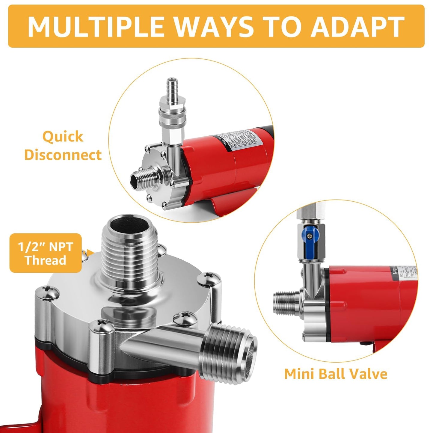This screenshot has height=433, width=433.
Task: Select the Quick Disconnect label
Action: pyautogui.click(x=63, y=146)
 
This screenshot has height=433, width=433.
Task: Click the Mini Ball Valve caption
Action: pyautogui.click(x=336, y=374)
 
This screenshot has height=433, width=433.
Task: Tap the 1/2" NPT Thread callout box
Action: pyautogui.click(x=46, y=253)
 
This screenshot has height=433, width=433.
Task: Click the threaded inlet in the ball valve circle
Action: pyautogui.click(x=285, y=303)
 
